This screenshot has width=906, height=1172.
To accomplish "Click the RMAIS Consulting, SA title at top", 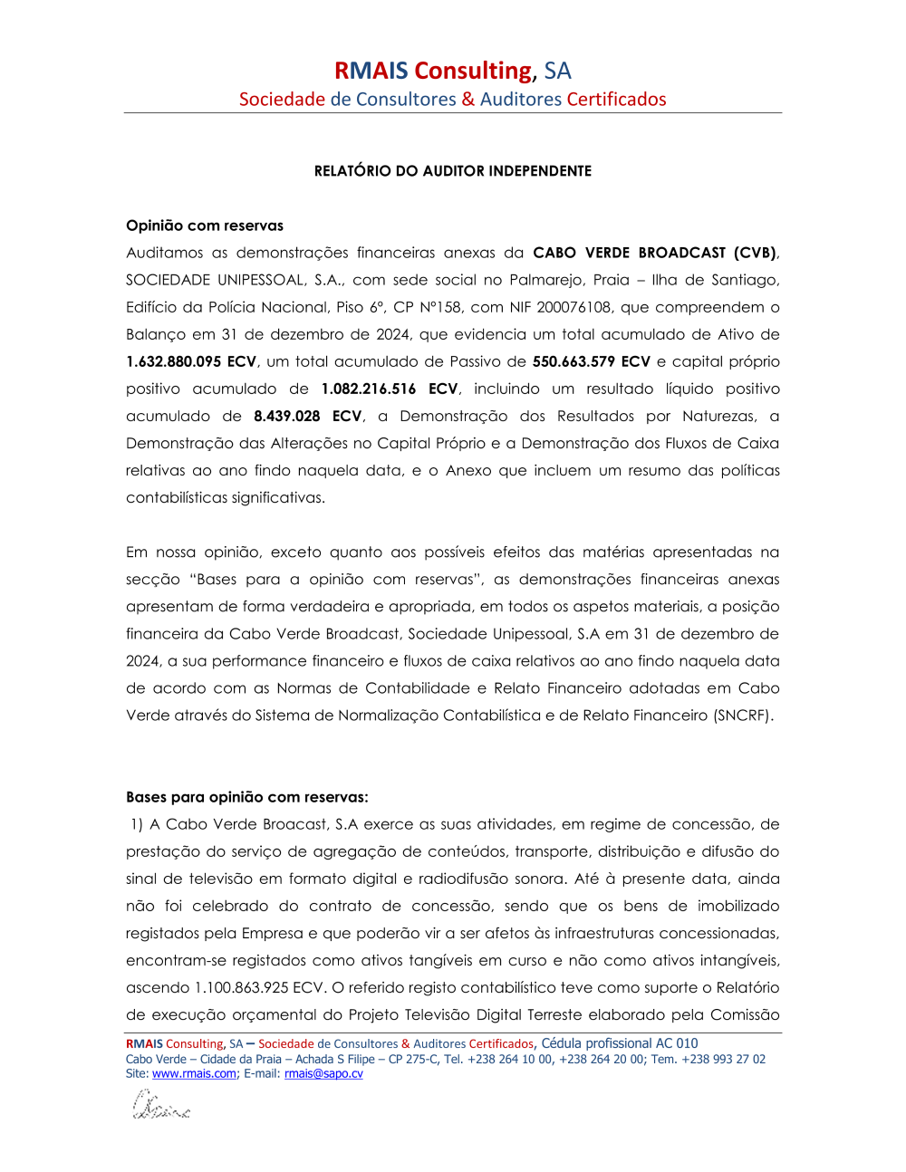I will (x=452, y=71).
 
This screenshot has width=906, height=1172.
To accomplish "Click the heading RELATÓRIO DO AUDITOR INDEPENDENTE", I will (x=452, y=171).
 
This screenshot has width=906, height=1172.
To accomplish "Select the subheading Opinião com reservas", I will (x=205, y=226).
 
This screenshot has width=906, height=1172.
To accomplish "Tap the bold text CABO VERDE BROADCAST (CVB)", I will (x=654, y=253).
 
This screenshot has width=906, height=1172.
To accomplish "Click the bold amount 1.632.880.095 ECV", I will (x=191, y=361).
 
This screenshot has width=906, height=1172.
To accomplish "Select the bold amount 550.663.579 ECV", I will (x=591, y=361).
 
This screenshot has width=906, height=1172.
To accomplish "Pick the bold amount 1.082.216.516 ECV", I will (x=390, y=389).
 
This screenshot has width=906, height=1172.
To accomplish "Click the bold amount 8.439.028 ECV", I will (x=307, y=416).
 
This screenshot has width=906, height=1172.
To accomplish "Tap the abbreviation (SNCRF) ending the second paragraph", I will (x=743, y=716).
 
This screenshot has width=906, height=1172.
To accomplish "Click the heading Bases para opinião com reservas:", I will (x=247, y=797).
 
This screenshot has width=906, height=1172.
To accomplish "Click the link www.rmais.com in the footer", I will (x=194, y=1073).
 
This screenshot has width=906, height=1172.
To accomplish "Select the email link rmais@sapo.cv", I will (x=323, y=1073).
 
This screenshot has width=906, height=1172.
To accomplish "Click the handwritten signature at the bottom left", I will (x=160, y=1106).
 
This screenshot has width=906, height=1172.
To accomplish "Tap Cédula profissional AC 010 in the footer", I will (x=620, y=1043).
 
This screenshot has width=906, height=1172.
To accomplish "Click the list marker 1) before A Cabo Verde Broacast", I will (x=137, y=824).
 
